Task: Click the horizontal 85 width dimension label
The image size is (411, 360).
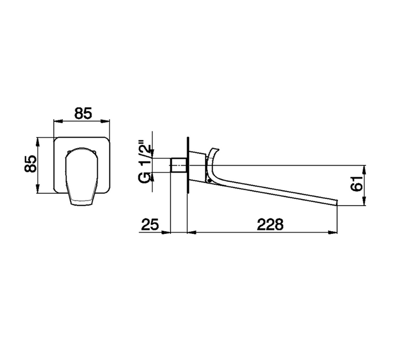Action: point(83,113)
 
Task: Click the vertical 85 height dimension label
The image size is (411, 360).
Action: point(30,164)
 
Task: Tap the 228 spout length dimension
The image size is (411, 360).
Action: point(270,225)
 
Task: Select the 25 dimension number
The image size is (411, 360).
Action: point(150,225)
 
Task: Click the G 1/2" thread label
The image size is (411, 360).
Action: point(145,163)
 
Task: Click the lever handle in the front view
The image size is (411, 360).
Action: point(82,177)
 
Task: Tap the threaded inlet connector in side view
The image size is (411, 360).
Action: point(179,165)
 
